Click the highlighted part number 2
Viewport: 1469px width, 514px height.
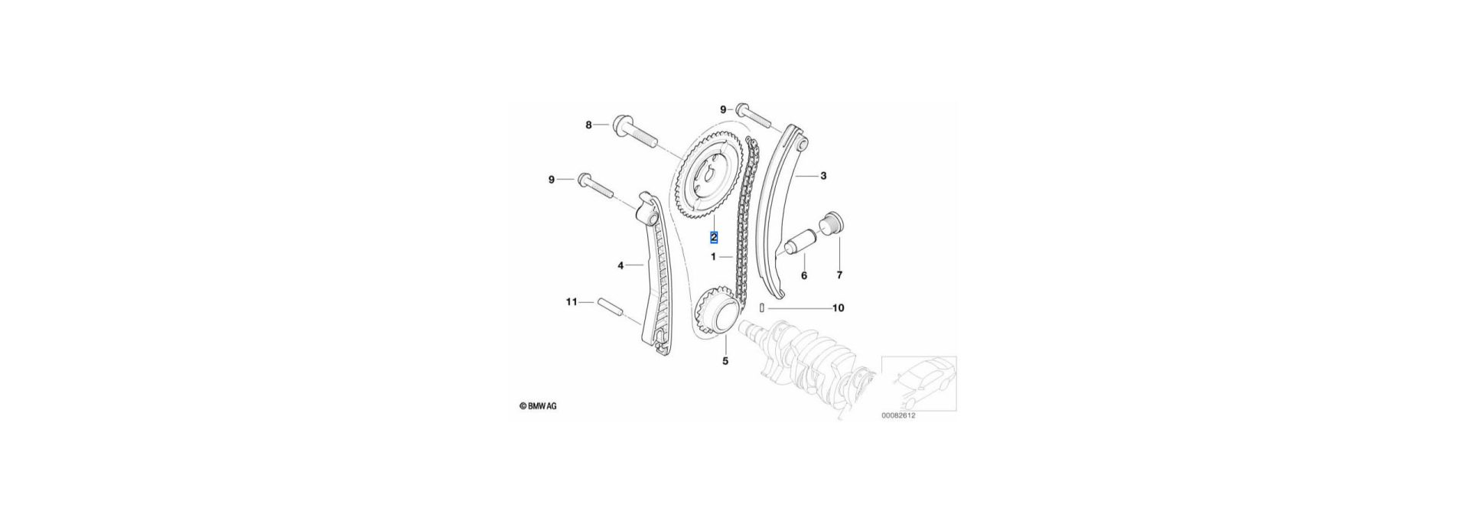(714, 237)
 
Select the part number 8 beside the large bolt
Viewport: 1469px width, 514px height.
(588, 125)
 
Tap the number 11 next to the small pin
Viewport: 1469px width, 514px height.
(571, 302)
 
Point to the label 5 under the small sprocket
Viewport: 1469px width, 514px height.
(725, 360)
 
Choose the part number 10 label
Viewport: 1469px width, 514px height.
(838, 308)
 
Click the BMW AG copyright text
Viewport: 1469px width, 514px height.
(538, 406)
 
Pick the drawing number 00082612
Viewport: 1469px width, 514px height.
(898, 415)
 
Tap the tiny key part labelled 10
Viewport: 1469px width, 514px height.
(763, 308)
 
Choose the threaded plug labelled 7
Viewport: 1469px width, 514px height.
(831, 225)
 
